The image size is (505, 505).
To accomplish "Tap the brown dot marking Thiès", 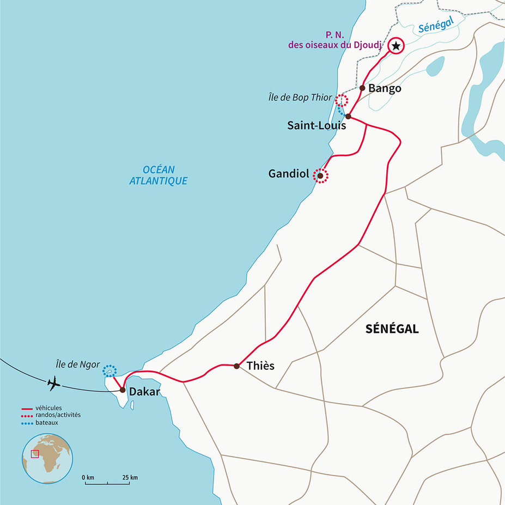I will tap(236, 366).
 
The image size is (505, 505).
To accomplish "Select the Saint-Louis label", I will tap(317, 125).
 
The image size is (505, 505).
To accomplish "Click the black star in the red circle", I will tap(396, 46).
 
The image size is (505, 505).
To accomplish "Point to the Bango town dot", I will tap(362, 88).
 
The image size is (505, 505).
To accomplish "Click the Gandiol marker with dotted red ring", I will tap(320, 175).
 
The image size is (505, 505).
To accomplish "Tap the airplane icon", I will tap(53, 384).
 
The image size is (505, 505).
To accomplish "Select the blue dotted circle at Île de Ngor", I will tap(109, 371).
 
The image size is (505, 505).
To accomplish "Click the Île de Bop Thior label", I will tap(300, 98).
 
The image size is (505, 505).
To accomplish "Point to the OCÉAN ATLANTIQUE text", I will tap(158, 175).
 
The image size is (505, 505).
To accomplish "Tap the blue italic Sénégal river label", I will tap(436, 26).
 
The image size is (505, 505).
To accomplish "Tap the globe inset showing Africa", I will tap(47, 458).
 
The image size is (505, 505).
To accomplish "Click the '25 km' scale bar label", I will tap(130, 478).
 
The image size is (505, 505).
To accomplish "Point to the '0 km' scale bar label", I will tap(88, 478).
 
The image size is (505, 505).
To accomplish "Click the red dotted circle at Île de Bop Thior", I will tap(342, 100).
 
